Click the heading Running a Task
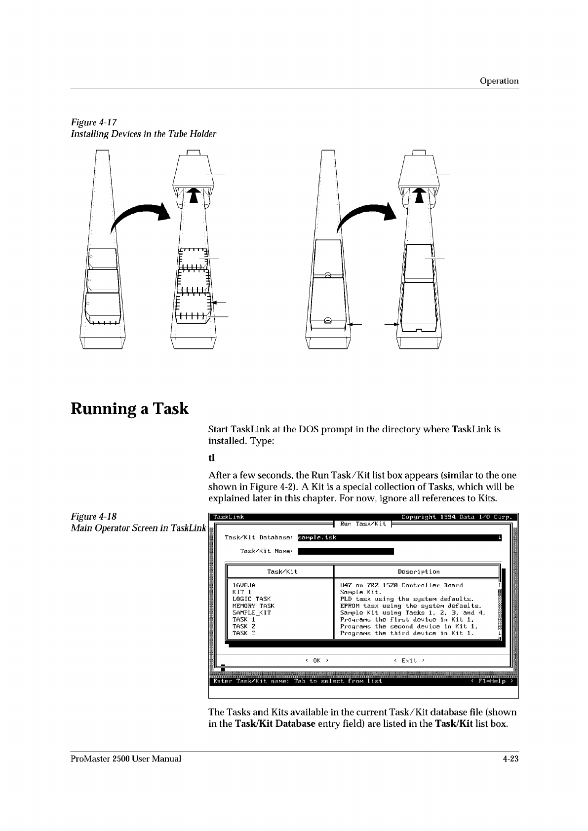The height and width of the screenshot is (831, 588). click(x=129, y=409)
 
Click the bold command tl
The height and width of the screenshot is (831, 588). click(x=211, y=458)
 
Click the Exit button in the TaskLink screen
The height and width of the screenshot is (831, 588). click(x=409, y=660)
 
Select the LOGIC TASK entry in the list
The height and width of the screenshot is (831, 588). click(x=251, y=599)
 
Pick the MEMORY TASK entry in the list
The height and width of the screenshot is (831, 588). click(x=253, y=605)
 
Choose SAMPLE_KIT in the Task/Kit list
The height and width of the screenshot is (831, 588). click(x=251, y=612)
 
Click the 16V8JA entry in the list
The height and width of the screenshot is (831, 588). click(x=244, y=585)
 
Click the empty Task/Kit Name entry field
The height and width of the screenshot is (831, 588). click(x=346, y=551)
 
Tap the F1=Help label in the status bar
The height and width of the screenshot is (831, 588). click(x=492, y=681)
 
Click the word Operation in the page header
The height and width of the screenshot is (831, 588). click(x=499, y=81)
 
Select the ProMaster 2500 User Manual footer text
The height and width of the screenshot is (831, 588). click(x=126, y=758)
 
